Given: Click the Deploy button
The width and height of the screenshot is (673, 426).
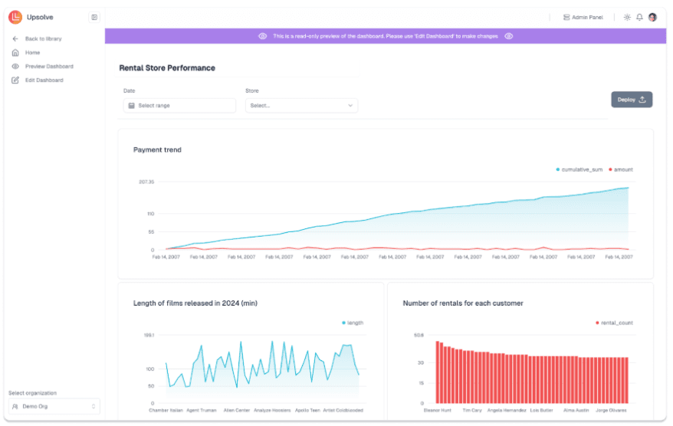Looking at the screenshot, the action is point(632,100).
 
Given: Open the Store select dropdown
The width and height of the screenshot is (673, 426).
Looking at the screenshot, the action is point(301,106).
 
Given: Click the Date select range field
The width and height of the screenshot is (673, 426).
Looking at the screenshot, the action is point(179,106).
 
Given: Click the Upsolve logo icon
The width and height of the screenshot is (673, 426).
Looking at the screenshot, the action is point(15,17).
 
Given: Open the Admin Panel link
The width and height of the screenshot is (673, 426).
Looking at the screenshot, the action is point(583,17).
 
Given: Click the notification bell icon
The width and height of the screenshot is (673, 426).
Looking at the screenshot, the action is point(639,17).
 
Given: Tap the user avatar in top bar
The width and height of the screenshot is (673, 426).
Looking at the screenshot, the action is point(652,17).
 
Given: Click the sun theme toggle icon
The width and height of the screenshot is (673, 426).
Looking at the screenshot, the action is point(627,17).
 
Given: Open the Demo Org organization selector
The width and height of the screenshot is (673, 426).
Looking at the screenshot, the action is point(54,406).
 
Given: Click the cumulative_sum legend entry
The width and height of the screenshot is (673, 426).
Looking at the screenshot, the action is point(579,169).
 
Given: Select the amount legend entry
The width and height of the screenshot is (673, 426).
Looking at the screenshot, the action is point(621,169).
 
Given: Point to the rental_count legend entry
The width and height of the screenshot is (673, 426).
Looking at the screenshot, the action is point(614,323).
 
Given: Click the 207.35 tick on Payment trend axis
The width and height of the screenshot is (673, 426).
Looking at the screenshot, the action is point(146,182).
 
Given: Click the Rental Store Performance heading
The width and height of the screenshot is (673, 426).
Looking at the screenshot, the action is point(167,67).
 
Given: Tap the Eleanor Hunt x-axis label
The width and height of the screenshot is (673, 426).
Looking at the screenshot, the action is point(438,411).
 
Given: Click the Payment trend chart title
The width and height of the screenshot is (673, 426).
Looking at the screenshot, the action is point(157,149).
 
